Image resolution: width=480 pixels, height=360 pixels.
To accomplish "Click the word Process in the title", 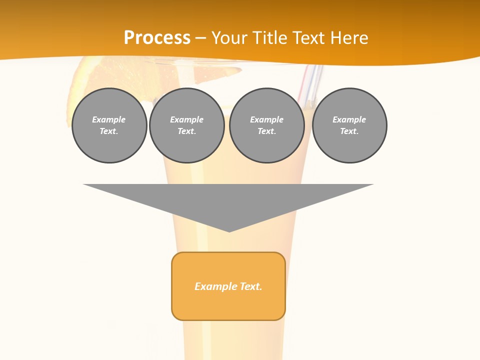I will pos(157,38).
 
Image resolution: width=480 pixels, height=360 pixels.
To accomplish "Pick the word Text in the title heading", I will pos(310,38).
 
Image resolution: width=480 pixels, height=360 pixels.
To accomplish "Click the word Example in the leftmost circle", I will pos(109,119).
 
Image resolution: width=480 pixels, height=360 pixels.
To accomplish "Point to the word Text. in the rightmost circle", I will pos(349,131).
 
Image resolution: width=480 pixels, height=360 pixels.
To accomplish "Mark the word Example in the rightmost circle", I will pos(349,119).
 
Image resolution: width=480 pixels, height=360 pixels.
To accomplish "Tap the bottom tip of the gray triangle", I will pos(229,230).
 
